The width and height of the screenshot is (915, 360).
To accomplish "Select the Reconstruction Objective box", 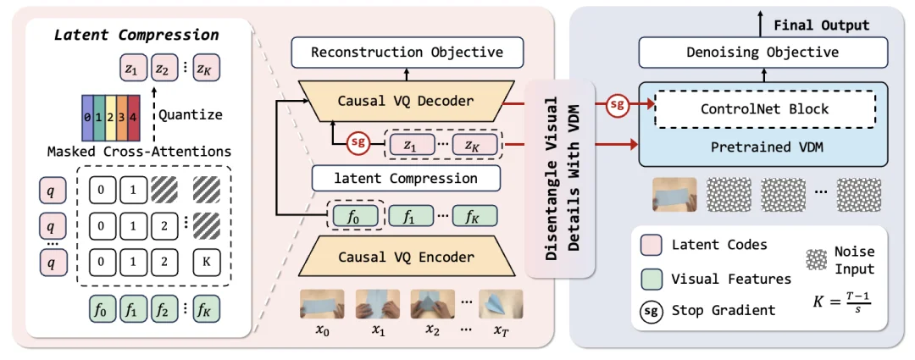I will coord(407,53).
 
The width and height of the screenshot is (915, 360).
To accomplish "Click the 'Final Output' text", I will coord(821,25).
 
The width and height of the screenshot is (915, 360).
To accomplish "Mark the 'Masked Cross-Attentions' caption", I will coord(139,152).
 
